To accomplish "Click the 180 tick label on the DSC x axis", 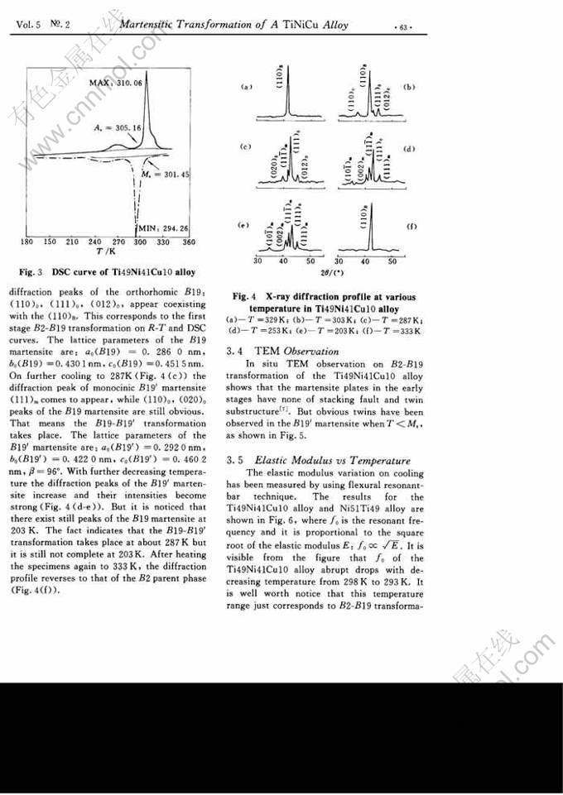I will point(26,242).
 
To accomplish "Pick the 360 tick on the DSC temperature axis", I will point(189,242).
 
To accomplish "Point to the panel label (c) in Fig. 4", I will point(245,147).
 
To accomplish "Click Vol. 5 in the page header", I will point(30,25).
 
